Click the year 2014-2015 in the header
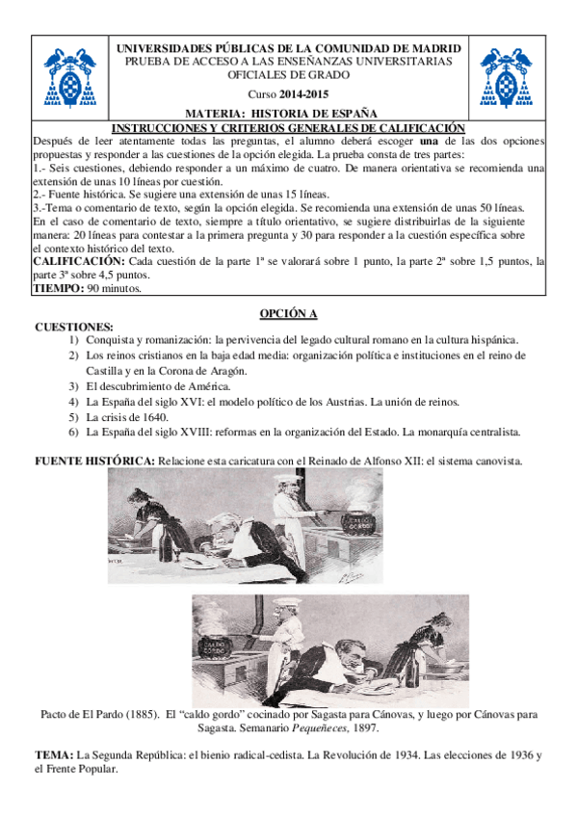[x=302, y=94]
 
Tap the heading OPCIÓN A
[x=289, y=314]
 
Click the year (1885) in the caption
[x=137, y=716]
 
